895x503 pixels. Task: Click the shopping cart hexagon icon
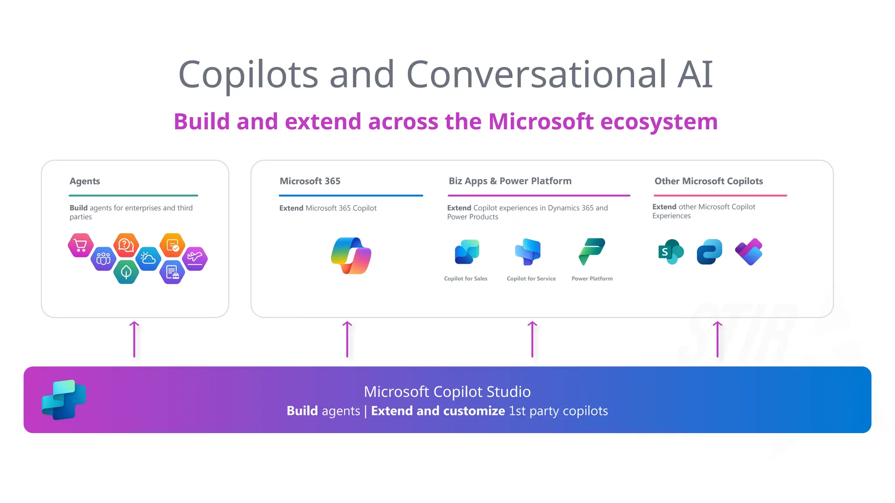click(80, 245)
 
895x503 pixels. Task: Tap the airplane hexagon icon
click(195, 258)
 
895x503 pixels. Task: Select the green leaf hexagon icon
click(126, 272)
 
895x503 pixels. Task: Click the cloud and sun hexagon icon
click(148, 258)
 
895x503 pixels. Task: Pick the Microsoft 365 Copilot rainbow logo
click(351, 255)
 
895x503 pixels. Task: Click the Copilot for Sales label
click(465, 279)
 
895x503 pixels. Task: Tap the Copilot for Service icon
click(528, 251)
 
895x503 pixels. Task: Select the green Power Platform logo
click(592, 251)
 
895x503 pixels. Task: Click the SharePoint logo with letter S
click(670, 251)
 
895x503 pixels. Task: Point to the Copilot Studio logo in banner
click(64, 400)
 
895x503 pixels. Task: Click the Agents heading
click(85, 181)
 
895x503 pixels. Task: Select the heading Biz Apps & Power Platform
click(510, 181)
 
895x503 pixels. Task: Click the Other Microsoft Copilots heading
click(708, 181)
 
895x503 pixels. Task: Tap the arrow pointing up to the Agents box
click(134, 339)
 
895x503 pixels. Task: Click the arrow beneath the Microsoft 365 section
click(347, 339)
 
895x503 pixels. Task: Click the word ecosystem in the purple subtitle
click(659, 121)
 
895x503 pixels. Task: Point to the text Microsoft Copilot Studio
click(447, 392)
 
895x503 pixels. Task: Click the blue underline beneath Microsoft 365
click(351, 196)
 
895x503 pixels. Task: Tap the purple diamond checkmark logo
click(749, 252)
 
